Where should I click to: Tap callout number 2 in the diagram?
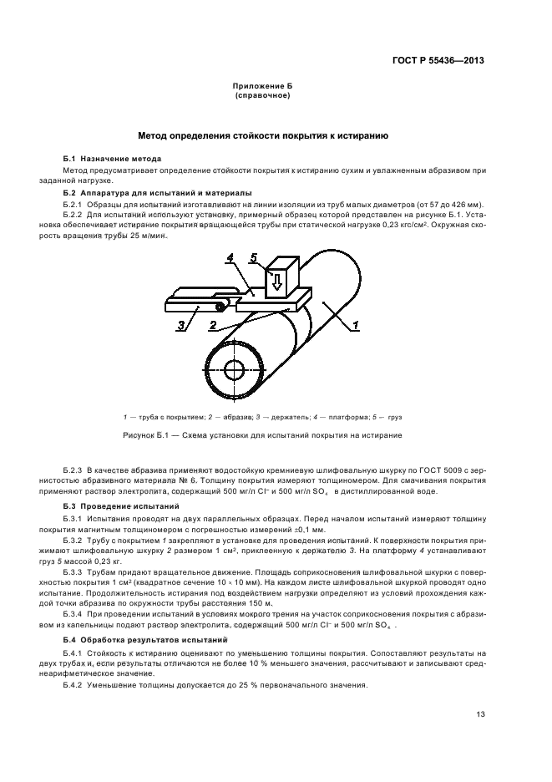click(x=214, y=325)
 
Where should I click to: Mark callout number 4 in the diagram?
click(x=229, y=259)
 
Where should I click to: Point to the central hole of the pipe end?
click(x=234, y=369)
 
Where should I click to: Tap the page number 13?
click(x=480, y=714)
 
